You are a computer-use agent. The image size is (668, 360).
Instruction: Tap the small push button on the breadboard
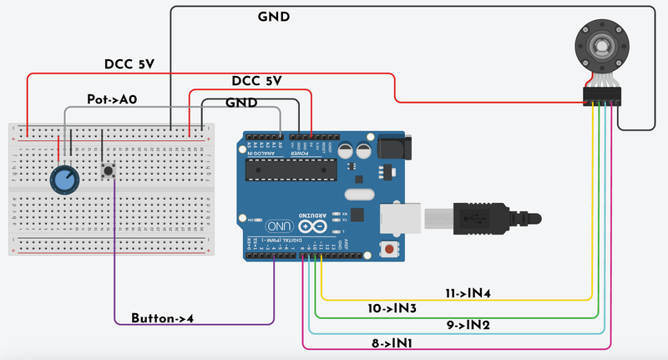click(x=108, y=171)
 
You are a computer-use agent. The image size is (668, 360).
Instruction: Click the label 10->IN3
click(x=392, y=308)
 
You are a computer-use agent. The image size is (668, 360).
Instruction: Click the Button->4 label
click(x=166, y=318)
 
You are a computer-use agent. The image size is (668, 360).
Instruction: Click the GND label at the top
click(x=275, y=17)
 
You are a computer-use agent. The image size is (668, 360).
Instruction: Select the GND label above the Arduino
click(x=243, y=103)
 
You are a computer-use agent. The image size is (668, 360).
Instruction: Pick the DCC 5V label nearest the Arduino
click(x=256, y=81)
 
